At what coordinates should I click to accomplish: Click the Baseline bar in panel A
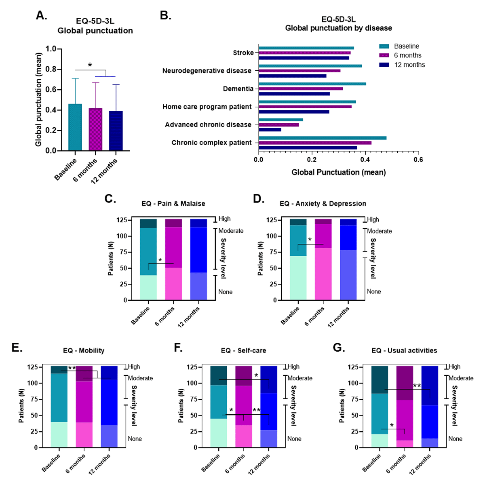(x=75, y=127)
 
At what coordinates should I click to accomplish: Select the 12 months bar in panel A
(x=116, y=131)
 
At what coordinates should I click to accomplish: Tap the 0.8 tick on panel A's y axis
(x=51, y=69)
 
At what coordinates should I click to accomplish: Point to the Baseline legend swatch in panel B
(x=384, y=46)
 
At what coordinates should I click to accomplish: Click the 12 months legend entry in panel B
(x=409, y=65)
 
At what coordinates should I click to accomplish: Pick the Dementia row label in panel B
(x=238, y=89)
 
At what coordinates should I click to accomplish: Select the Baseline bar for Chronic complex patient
(x=323, y=138)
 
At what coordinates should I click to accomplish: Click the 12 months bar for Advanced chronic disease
(x=270, y=130)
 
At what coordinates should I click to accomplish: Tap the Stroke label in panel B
(x=243, y=53)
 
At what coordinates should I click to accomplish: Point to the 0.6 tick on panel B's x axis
(x=418, y=160)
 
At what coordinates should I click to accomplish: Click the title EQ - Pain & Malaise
(x=173, y=204)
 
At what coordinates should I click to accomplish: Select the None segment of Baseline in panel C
(x=148, y=287)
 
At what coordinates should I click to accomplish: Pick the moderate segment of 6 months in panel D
(x=323, y=236)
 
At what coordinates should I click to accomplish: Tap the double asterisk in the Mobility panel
(x=72, y=368)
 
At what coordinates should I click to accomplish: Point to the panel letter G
(x=338, y=348)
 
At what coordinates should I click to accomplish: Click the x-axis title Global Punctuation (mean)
(x=339, y=173)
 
